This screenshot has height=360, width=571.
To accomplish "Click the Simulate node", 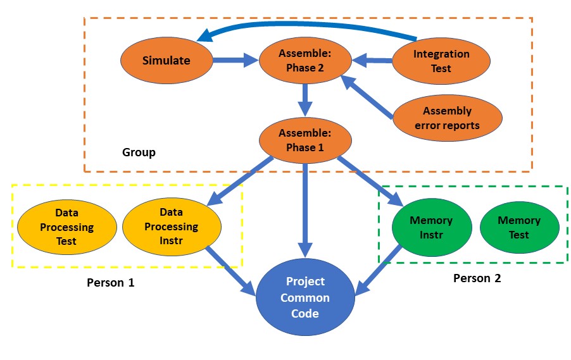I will coord(166,61).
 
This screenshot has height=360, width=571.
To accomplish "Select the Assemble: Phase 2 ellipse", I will coord(305,61).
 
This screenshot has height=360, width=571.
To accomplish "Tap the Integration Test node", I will coord(441,61).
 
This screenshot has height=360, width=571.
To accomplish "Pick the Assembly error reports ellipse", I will coord(447,118).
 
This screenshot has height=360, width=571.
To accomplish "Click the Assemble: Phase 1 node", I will coord(305,140).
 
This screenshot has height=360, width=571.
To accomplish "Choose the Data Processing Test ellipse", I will coord(66,227).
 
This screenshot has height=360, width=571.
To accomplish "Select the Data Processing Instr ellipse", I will coord(171,227).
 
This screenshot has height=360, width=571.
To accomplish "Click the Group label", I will coord(139,152).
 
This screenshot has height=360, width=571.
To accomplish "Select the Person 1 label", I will coord(110,283).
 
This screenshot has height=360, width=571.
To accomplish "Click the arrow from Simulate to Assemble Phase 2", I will coord(234,61).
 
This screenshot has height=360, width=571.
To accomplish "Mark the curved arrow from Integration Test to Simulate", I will coord(304,26).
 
